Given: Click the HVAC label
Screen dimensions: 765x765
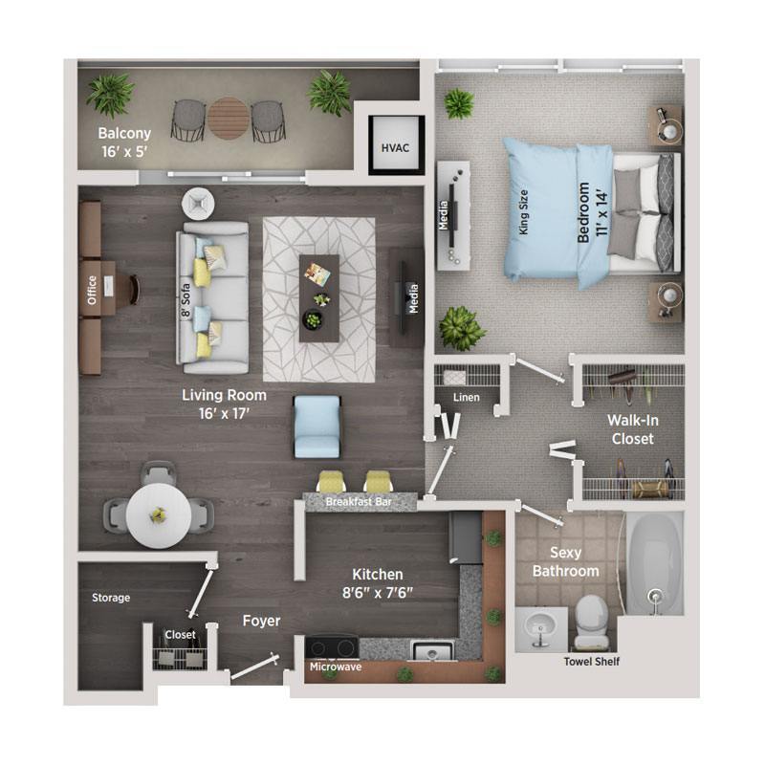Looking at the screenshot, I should (394, 148).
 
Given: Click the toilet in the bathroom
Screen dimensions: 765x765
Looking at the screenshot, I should (589, 618).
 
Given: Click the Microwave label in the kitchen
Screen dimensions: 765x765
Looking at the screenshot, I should (335, 667).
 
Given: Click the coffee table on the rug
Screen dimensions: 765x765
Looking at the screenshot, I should (318, 296).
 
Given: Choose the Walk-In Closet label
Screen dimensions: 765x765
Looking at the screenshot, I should (631, 429).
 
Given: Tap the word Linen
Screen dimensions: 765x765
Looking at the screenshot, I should (467, 398).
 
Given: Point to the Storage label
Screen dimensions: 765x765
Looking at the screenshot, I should (111, 598).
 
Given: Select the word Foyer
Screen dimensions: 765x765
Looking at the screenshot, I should (261, 621).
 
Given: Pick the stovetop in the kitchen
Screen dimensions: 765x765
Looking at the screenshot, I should (332, 647).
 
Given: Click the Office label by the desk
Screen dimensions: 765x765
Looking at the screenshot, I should (92, 289).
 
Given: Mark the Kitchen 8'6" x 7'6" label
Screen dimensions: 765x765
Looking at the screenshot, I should (382, 582).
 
